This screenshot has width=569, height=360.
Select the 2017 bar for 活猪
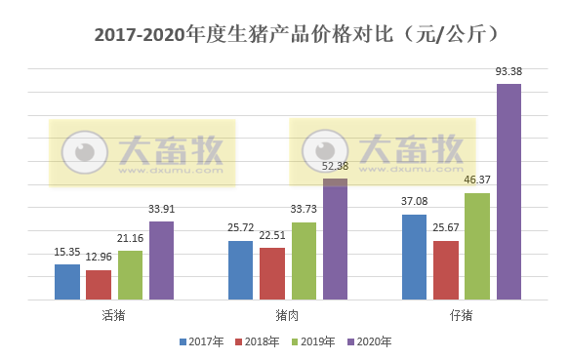pos(67,282)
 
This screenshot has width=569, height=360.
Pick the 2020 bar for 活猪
pos(161,260)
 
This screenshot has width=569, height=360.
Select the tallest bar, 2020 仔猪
pos(508,192)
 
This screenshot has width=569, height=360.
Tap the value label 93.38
pos(508,71)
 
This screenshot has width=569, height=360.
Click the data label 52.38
pos(335,166)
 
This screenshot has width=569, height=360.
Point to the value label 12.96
pos(99,258)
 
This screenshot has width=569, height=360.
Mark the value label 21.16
pos(130,237)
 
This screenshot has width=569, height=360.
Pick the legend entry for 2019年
pos(313,342)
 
